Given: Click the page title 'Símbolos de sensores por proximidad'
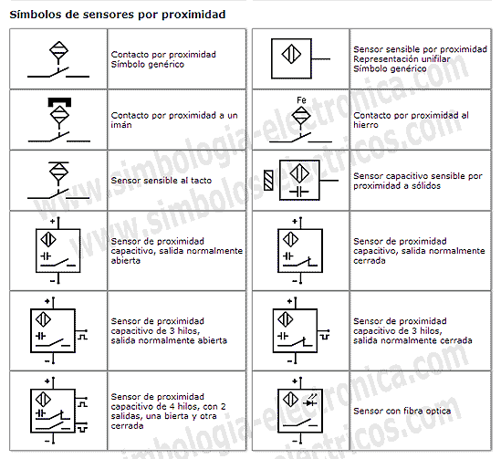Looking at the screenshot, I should [x=118, y=16].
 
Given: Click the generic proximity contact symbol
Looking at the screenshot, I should [x=58, y=58].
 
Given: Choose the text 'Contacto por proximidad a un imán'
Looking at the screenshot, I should [x=173, y=120].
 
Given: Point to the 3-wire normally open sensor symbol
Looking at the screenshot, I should [x=55, y=328].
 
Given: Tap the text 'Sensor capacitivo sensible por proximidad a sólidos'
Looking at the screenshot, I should [x=417, y=181].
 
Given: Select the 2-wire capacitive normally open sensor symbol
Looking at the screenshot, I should [x=55, y=249].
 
